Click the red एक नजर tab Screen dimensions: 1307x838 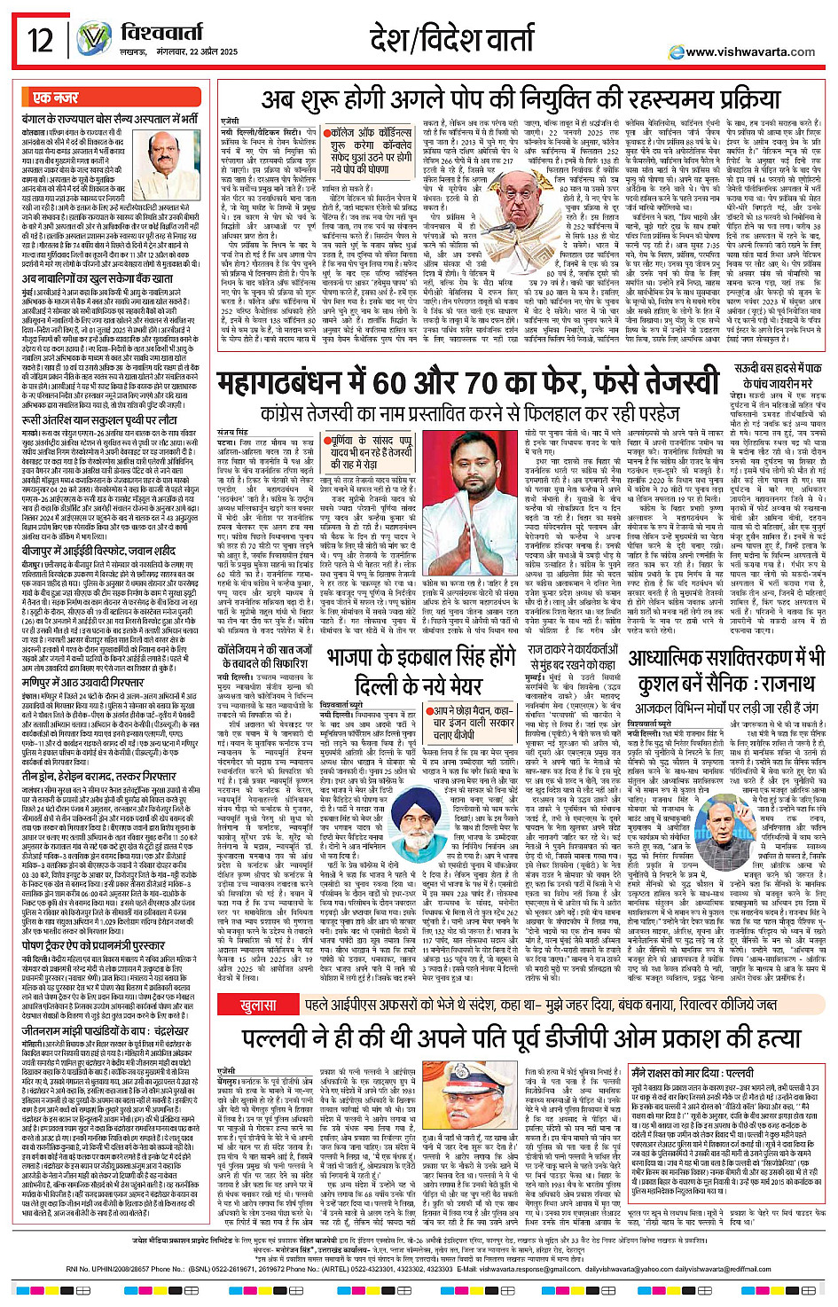[56, 98]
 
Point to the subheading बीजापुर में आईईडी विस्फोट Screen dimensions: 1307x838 [100, 525]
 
